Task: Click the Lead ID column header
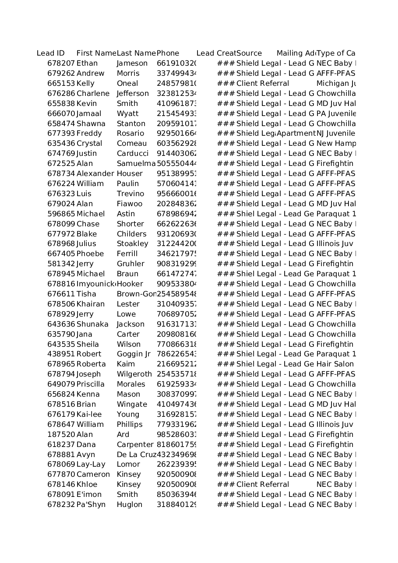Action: (x=51, y=53)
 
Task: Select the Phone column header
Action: (x=168, y=53)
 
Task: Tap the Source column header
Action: (x=249, y=53)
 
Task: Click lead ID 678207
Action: (x=61, y=63)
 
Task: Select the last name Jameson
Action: (x=132, y=63)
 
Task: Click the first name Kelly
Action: (x=85, y=84)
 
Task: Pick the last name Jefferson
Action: (x=133, y=94)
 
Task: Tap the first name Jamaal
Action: (x=89, y=114)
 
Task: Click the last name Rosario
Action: (x=130, y=134)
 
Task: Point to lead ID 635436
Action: (x=61, y=144)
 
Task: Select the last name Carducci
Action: (x=133, y=154)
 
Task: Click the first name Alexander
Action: (x=95, y=174)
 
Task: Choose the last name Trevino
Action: (x=130, y=194)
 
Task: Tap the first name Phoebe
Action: (x=90, y=254)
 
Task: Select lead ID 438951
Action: (x=61, y=354)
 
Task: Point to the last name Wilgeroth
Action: (x=134, y=374)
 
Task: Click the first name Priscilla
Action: (x=91, y=384)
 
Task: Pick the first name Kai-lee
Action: (x=89, y=415)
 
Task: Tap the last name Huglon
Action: (x=129, y=505)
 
